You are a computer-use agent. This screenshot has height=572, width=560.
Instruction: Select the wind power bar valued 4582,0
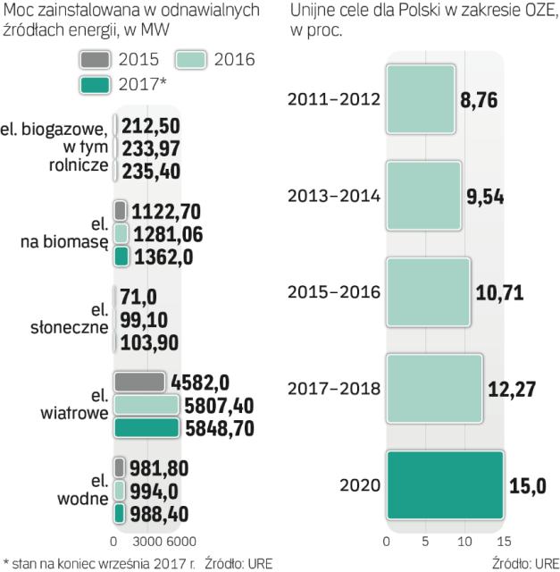click(x=139, y=382)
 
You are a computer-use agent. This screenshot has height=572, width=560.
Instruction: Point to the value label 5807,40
click(x=221, y=405)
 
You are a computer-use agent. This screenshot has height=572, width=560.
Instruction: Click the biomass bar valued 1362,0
click(x=121, y=258)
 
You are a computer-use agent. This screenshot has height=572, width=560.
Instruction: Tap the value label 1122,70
click(x=165, y=211)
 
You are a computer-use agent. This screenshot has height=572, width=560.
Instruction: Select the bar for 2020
click(x=444, y=484)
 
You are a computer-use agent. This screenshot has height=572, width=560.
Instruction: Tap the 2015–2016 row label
click(x=334, y=292)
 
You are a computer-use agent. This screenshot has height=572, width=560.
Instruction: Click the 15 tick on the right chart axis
click(x=502, y=542)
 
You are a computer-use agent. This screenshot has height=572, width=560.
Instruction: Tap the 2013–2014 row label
click(x=334, y=196)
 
